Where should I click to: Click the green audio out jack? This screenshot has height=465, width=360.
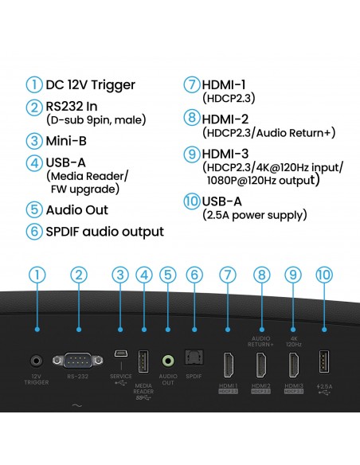[x=167, y=361]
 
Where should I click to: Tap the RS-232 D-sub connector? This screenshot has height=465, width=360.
[x=79, y=361]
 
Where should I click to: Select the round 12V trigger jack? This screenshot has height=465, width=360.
[x=36, y=361]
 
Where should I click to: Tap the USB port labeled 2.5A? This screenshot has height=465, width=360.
[x=325, y=361]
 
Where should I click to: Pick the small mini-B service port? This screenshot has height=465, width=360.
[x=119, y=354]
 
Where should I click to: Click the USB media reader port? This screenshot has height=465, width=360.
[x=143, y=361]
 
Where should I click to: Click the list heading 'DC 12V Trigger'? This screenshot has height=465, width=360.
[x=90, y=85]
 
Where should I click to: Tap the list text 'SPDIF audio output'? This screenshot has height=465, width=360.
[x=104, y=232]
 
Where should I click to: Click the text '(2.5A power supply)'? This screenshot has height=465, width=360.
[x=255, y=215]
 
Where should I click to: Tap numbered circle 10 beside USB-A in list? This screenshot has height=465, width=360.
[x=191, y=201]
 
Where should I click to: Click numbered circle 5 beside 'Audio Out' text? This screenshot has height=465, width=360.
[x=33, y=210]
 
